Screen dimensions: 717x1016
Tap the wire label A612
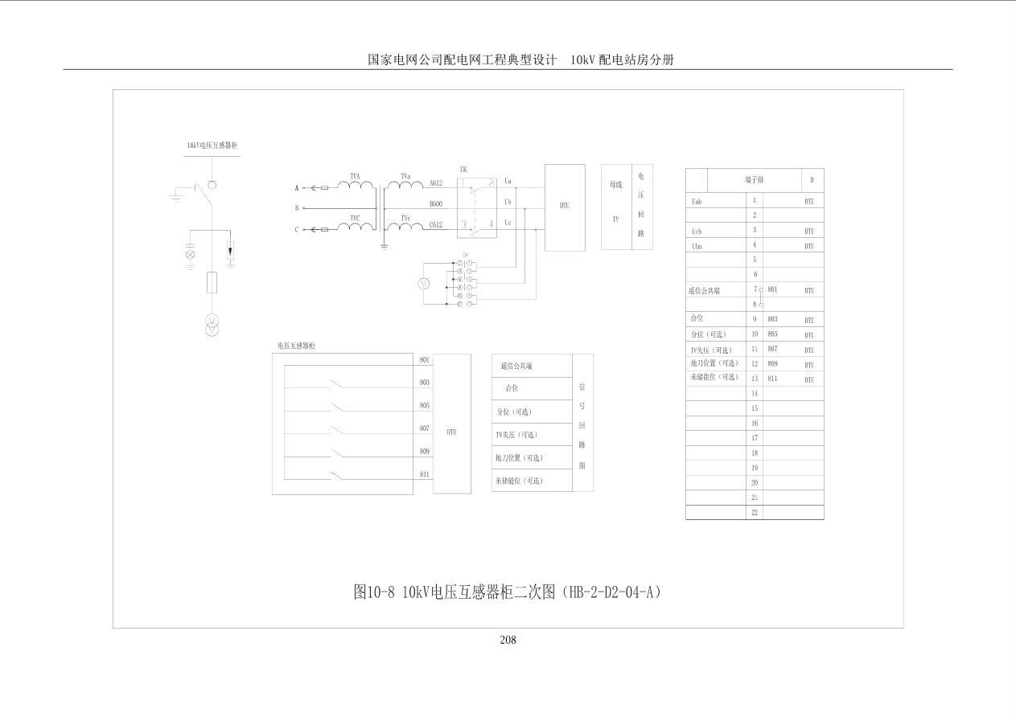435,183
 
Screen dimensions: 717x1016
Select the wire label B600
435,204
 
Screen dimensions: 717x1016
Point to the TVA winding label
355,175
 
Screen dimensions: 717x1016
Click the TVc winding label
405,217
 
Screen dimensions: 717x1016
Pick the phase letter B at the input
297,208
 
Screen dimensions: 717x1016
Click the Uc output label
508,223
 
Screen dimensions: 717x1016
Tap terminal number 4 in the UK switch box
490,224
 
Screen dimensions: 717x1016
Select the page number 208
508,640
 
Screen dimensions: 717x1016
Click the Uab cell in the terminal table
697,201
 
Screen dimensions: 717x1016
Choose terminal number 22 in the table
755,512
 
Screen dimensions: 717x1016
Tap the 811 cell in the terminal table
772,379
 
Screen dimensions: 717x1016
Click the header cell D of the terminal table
812,180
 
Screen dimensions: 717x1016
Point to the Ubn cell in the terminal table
697,246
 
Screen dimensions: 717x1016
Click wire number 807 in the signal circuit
424,428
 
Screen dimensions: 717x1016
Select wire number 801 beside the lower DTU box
424,359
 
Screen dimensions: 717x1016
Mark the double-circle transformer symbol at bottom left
212,325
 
